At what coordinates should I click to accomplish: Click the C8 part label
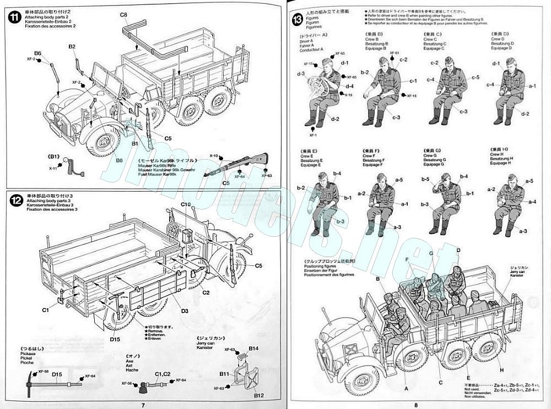tap(123, 14)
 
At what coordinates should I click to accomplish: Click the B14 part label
tap(253, 348)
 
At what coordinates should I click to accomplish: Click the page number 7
tap(143, 405)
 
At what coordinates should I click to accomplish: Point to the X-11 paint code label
tap(53, 168)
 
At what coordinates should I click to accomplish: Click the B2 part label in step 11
tap(72, 47)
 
